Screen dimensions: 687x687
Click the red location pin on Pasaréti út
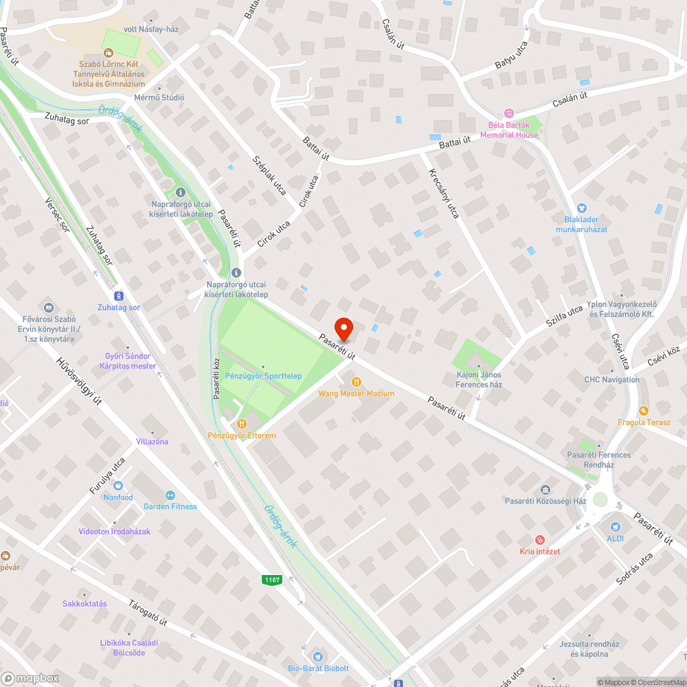click(x=343, y=328)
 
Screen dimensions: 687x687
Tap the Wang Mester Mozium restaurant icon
click(x=356, y=381)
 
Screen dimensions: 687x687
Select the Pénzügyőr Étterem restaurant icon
click(x=242, y=424)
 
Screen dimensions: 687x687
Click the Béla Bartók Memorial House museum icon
click(x=509, y=113)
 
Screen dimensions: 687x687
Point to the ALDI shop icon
click(x=615, y=526)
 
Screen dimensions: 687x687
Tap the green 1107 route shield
click(x=273, y=580)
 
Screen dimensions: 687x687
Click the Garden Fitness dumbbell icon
click(x=170, y=495)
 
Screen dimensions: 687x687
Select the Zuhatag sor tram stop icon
click(x=119, y=295)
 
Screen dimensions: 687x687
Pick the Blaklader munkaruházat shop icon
click(x=581, y=208)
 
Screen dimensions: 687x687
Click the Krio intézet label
click(x=539, y=552)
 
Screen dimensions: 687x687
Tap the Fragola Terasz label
click(x=644, y=423)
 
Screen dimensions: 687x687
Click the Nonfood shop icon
click(x=118, y=497)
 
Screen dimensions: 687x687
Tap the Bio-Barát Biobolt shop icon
click(x=318, y=655)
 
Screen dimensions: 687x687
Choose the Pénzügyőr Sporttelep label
click(x=263, y=376)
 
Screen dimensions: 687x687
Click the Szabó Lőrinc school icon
click(x=107, y=52)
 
